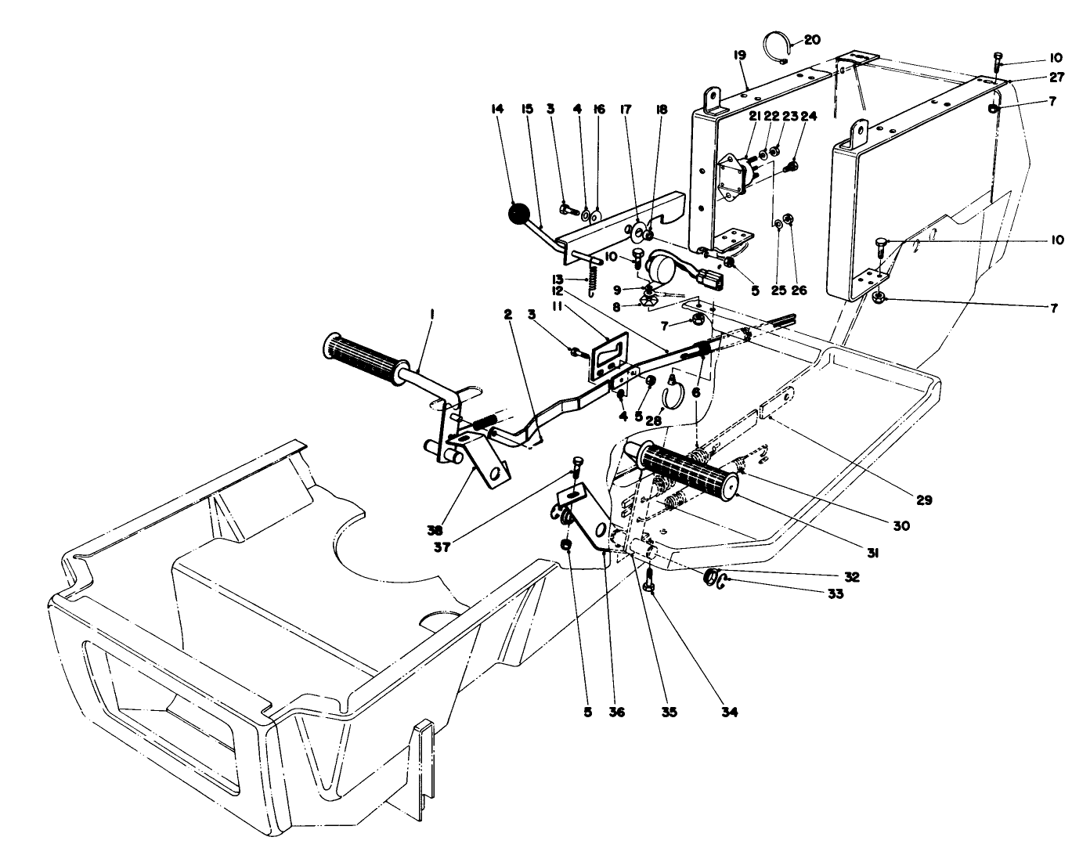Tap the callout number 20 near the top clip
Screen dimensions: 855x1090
(x=810, y=39)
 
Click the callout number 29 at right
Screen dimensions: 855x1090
(x=925, y=500)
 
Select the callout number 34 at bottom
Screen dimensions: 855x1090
(x=730, y=712)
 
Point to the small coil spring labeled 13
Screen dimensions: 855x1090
(x=594, y=280)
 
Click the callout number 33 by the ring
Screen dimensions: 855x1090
(x=835, y=594)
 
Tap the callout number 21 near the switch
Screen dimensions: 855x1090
(x=755, y=116)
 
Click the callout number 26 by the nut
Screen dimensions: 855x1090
(x=799, y=290)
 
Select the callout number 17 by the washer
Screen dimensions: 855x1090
(x=626, y=110)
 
